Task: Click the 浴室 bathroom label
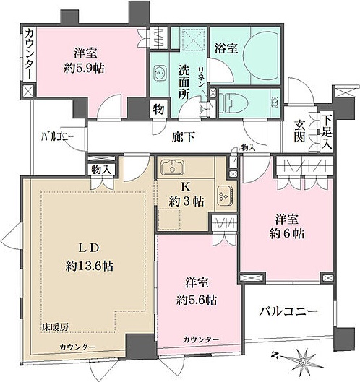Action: click(x=226, y=48)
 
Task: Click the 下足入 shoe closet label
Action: click(x=327, y=132)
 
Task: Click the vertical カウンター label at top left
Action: click(x=28, y=54)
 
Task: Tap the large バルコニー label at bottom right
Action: click(x=288, y=312)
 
